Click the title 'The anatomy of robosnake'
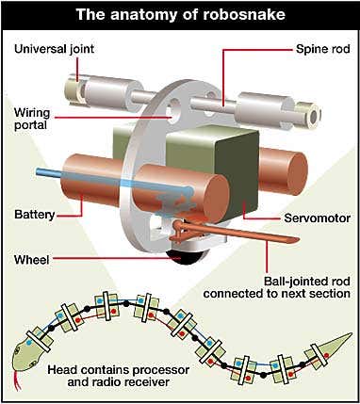click(x=181, y=14)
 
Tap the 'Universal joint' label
click(x=54, y=49)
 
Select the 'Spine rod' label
click(x=323, y=49)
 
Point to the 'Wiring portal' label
click(x=32, y=119)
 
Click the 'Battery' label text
click(x=35, y=215)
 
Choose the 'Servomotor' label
click(x=317, y=218)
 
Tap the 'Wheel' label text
click(x=32, y=260)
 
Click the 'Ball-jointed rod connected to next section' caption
click(x=276, y=287)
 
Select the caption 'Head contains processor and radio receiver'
click(x=119, y=376)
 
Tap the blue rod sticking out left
click(x=49, y=172)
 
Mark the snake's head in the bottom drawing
click(x=25, y=357)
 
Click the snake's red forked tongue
click(x=19, y=380)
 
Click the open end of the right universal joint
click(x=313, y=117)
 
